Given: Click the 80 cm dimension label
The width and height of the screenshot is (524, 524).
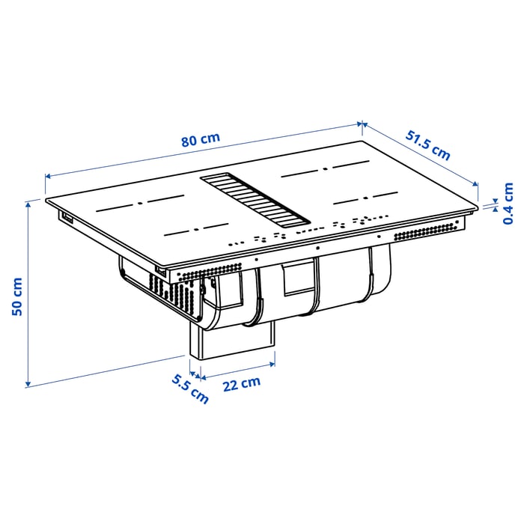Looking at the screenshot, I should coord(200,140).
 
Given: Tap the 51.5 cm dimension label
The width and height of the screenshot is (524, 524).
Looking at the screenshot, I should coord(428,145).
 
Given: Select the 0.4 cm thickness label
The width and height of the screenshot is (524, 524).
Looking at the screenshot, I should coord(508,204).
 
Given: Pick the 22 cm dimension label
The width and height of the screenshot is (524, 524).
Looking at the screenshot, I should coord(240,384).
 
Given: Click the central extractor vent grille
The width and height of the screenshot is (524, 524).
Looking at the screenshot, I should coord(255,200).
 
